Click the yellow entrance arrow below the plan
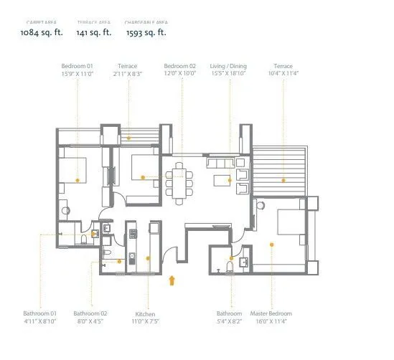(x=171, y=280)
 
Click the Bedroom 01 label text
(x=78, y=66)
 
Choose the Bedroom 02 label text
(x=179, y=66)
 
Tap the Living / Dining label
(x=228, y=66)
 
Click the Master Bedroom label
(x=270, y=314)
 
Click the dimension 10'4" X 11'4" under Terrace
(x=282, y=73)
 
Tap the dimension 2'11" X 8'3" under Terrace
(x=128, y=73)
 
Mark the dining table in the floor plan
(x=180, y=179)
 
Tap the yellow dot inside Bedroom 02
(x=143, y=176)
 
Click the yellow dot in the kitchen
(x=147, y=258)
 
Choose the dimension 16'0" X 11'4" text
(x=270, y=321)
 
